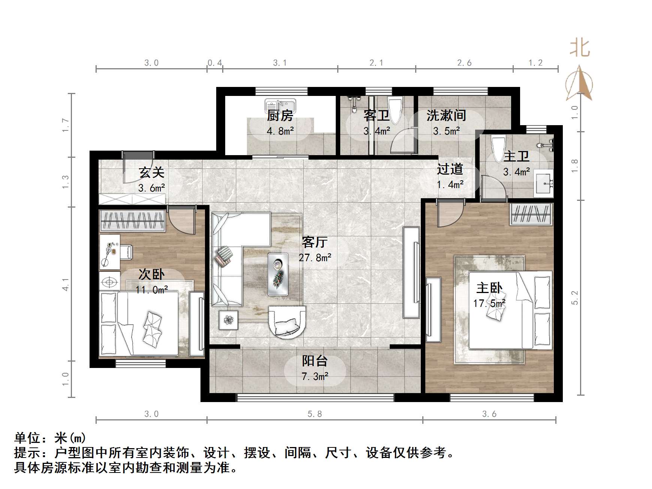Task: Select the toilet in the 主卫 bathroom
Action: pos(498,148)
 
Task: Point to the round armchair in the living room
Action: pos(287,322)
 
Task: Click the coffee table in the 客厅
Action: pos(278,274)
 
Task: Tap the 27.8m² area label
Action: pos(315,257)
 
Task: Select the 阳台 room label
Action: pos(315,361)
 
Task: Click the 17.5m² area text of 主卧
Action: pos(489,303)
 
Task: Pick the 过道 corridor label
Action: pos(450,169)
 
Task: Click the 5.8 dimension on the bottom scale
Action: pos(315,414)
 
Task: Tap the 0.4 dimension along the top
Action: pos(215,63)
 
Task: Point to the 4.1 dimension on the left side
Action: pos(66,284)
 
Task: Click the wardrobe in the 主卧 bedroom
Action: pos(531,214)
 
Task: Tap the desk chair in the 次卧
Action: pos(126,252)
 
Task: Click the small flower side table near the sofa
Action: pos(228,320)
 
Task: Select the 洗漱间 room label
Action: pos(446,115)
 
